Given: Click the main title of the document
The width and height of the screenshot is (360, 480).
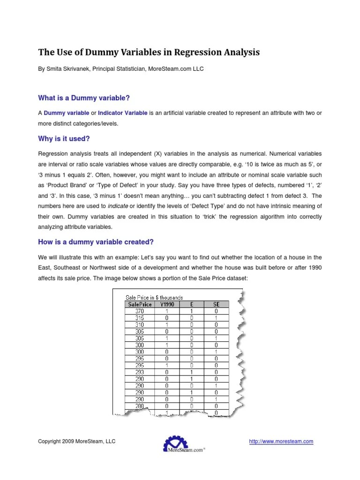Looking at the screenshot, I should click(149, 52).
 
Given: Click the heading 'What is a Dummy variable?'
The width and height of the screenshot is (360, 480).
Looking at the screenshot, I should click(83, 97).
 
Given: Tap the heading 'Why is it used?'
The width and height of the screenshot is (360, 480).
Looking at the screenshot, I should click(63, 139).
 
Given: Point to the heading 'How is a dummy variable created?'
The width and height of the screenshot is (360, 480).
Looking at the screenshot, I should click(96, 242).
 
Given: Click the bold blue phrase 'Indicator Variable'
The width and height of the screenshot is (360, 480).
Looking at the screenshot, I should click(123, 113).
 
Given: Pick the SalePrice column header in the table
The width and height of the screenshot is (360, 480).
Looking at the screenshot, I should click(139, 304).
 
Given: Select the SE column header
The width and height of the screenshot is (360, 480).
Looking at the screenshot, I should click(216, 304).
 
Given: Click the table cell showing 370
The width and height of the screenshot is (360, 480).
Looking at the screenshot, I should click(139, 310).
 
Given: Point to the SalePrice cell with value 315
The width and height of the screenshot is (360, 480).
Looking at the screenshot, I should click(139, 317).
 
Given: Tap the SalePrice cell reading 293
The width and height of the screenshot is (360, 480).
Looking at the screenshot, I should click(139, 373).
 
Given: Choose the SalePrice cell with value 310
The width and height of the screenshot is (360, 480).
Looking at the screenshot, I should click(139, 324).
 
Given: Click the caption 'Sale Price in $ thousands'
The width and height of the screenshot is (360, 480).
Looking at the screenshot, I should click(154, 297).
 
